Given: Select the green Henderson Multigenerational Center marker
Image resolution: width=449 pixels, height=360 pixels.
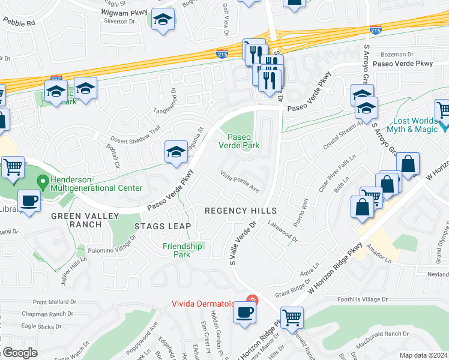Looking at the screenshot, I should click(x=43, y=180).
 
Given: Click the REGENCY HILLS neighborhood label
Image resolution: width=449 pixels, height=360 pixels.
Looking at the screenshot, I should click(x=241, y=211).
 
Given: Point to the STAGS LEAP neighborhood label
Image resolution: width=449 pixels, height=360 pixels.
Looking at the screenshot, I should click(x=162, y=226).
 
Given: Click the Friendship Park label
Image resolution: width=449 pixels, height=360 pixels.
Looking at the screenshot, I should click(x=182, y=250).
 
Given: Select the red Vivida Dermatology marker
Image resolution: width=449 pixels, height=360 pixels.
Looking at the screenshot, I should click(x=253, y=299).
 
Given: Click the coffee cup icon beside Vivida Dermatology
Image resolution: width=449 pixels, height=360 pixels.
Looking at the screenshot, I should click(x=245, y=313).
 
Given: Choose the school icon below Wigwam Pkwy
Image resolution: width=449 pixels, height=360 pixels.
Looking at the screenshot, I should click(x=162, y=21).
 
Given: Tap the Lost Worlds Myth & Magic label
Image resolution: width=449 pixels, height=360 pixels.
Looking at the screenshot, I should click(x=414, y=127).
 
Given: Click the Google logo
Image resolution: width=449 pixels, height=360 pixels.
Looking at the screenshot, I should click(x=19, y=352).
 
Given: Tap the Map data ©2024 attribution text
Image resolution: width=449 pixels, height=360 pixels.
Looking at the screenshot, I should click(x=423, y=355).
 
